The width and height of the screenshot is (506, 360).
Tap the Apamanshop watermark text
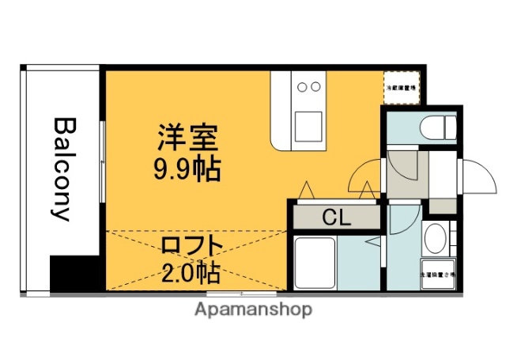[253, 309]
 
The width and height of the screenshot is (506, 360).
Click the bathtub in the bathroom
[315, 263]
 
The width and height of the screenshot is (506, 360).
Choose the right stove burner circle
[315, 86]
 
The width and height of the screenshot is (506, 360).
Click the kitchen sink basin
[308, 124]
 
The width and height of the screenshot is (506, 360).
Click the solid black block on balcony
[75, 274]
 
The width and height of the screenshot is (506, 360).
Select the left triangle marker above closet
[306, 191]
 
